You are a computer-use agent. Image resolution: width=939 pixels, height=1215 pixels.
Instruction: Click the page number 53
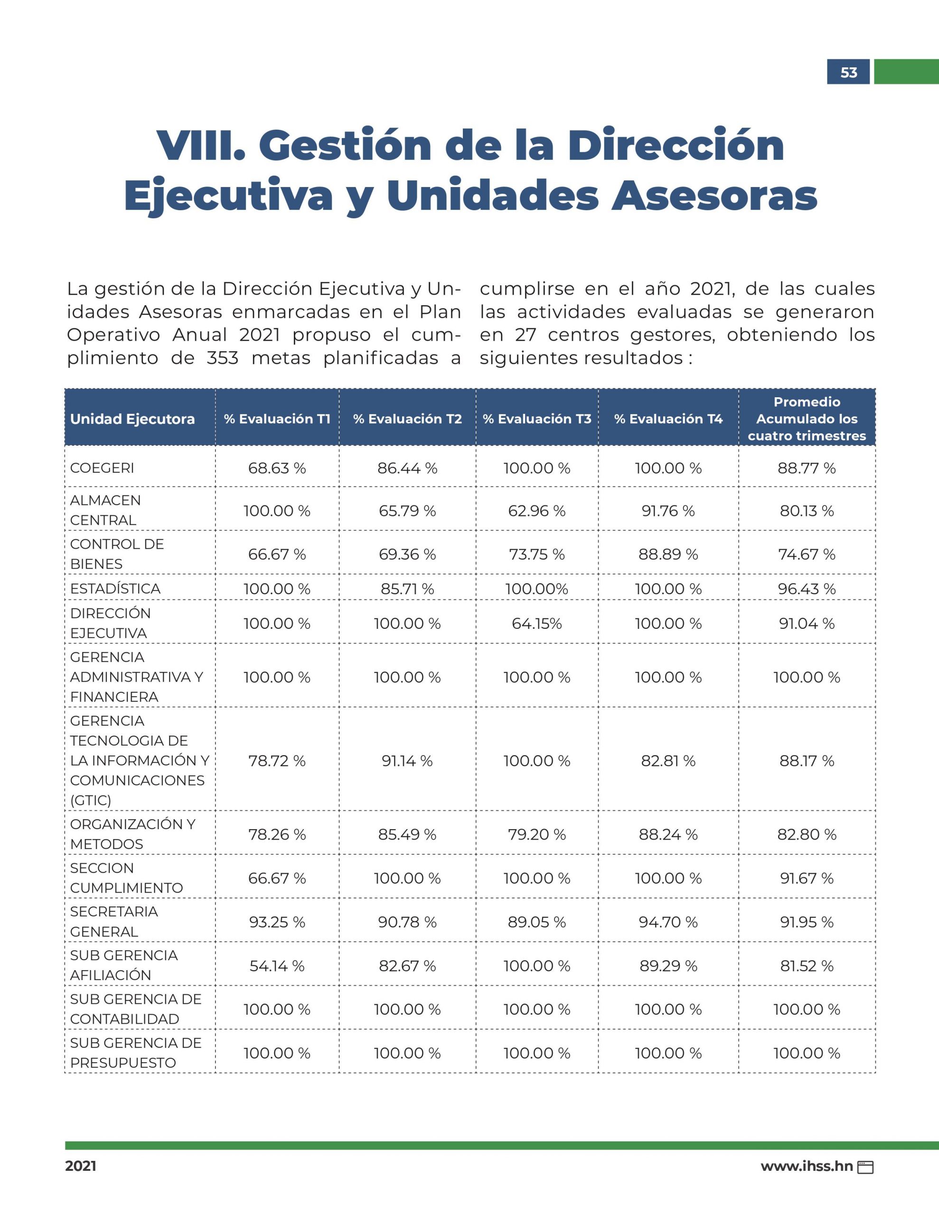point(848,72)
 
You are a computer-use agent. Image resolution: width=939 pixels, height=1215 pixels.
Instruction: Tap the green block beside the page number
point(906,72)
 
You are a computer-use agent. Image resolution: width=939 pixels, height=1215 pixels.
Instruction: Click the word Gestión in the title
point(345,145)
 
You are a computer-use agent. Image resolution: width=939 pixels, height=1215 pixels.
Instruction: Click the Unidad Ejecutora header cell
point(132,419)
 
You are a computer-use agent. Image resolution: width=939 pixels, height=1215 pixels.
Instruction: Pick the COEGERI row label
point(103,468)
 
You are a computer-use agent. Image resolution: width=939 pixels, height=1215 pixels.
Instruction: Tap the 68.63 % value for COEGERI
point(277,468)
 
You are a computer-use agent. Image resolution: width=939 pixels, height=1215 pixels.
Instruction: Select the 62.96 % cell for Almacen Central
point(536,511)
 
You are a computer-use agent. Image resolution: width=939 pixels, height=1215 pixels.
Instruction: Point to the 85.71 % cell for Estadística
point(407,589)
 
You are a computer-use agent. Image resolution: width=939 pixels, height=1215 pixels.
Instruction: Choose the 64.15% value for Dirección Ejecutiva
point(536,623)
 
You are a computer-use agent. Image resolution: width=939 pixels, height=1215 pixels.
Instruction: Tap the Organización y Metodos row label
point(133,834)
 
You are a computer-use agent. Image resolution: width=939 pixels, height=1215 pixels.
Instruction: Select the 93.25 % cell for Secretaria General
point(277,922)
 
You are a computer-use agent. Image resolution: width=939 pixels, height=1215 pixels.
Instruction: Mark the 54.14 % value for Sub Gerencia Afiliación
point(277,966)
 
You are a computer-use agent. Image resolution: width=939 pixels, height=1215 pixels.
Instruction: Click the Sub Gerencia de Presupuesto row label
point(136,1053)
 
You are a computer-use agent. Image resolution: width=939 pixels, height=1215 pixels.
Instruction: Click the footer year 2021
point(81,1166)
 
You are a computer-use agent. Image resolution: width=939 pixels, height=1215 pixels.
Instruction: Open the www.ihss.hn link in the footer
point(807,1166)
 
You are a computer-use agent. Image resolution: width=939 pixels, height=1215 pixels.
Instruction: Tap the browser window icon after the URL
point(865,1167)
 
